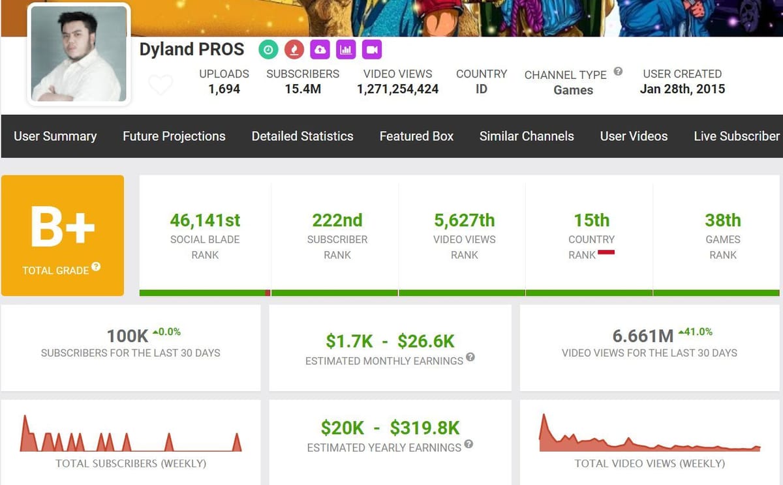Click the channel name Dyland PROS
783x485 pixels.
191,50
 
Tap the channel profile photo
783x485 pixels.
79,54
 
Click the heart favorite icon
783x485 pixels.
161,85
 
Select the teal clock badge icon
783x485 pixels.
268,50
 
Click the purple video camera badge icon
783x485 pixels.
371,50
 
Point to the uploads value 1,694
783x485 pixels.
224,89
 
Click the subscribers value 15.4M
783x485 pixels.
303,89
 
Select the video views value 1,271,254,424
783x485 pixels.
397,89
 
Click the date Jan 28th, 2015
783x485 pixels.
682,89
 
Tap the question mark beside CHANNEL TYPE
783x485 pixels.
618,72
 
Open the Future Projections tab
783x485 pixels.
174,136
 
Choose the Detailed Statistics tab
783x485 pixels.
302,136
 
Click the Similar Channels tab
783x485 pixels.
527,136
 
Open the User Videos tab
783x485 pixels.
634,136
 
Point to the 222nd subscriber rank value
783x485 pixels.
337,220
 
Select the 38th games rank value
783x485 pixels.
723,220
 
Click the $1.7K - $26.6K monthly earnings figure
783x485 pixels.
390,341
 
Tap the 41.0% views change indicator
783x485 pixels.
696,332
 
